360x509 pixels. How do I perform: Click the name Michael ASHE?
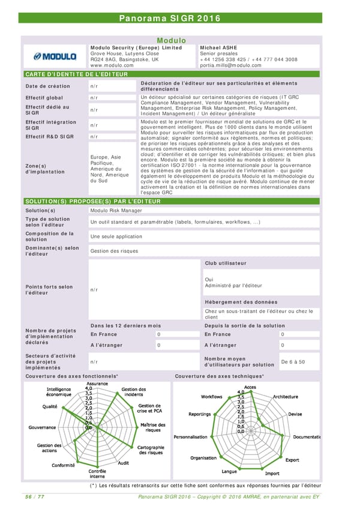(218, 47)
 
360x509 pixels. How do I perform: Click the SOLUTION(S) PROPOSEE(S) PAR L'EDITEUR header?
(92, 201)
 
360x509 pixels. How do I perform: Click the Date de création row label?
(47, 86)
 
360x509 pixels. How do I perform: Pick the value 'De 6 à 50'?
(293, 362)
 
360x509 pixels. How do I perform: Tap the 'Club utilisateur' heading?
(226, 263)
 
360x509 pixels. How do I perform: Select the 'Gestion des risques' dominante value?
(114, 251)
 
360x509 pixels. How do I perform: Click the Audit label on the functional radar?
(124, 463)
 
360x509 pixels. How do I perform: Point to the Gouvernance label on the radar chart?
(42, 427)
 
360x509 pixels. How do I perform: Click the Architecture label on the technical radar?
(285, 397)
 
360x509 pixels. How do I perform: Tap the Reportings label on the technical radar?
(199, 414)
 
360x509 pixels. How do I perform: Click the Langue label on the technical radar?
(229, 472)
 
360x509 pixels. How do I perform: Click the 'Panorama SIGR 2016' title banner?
(179, 18)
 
